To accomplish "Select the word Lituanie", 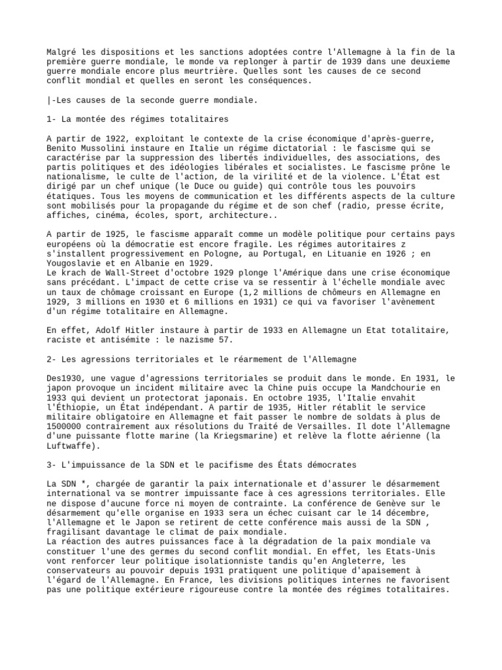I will [325, 253].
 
